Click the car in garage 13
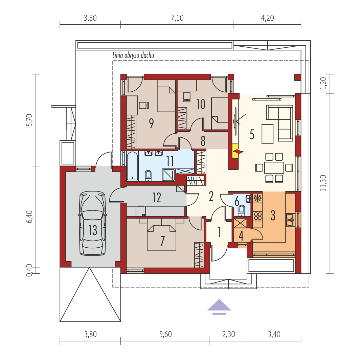tap(92, 223)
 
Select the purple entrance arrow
tap(219, 307)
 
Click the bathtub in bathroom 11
tap(132, 166)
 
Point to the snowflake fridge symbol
tap(257, 198)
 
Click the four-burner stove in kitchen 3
tap(257, 216)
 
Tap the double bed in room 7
tap(162, 234)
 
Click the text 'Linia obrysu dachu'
tap(133, 55)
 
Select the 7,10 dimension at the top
tap(177, 18)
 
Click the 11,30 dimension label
tap(323, 183)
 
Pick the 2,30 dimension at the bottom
tap(228, 334)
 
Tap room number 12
tap(157, 198)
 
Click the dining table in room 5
tap(274, 167)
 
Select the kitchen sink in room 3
tap(290, 220)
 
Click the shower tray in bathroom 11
tap(168, 175)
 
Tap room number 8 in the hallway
tap(203, 141)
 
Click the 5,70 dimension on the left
tap(29, 120)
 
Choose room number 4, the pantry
tap(241, 235)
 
